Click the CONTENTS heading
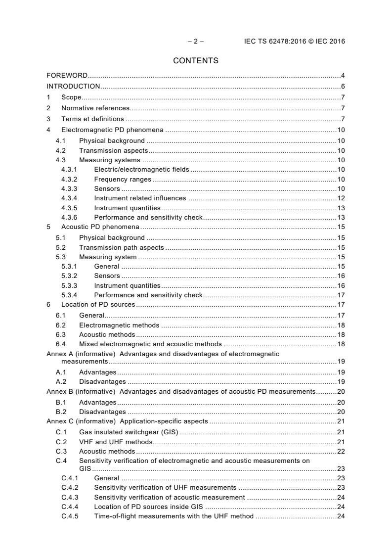point(196,61)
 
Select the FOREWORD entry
point(67,76)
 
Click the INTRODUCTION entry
point(73,87)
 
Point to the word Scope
point(71,97)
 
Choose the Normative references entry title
point(95,108)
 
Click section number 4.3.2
point(69,180)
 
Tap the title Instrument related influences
point(140,198)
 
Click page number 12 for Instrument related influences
point(341,198)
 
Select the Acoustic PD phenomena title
point(100,227)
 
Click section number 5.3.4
point(69,295)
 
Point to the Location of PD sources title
point(98,305)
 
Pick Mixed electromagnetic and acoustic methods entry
point(150,344)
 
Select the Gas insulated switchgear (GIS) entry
point(129,432)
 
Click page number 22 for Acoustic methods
point(341,451)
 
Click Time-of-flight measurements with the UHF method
point(174,516)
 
